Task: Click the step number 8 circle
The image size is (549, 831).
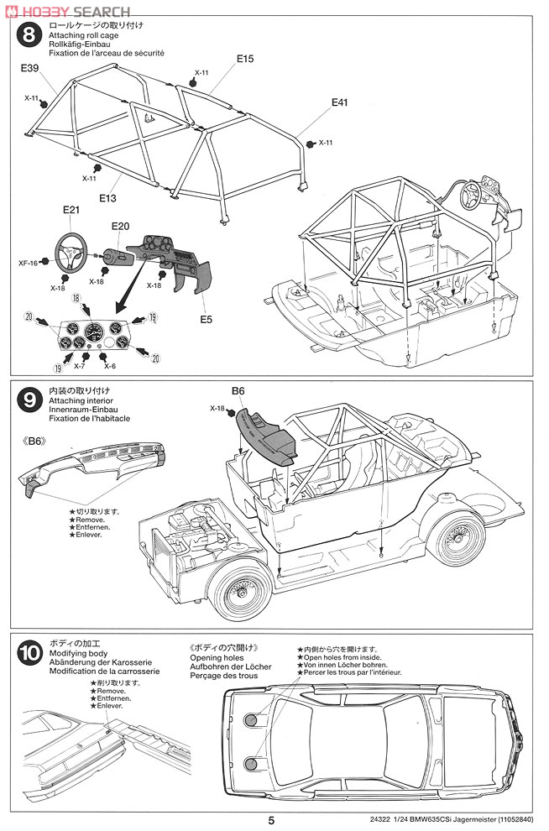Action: [x=29, y=35]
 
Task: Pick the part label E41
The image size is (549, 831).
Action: [x=339, y=102]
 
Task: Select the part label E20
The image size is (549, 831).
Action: [x=120, y=227]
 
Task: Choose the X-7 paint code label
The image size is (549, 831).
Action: [x=80, y=366]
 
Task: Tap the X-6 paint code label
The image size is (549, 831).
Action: [x=109, y=366]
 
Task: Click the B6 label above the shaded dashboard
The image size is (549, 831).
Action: [x=238, y=390]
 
